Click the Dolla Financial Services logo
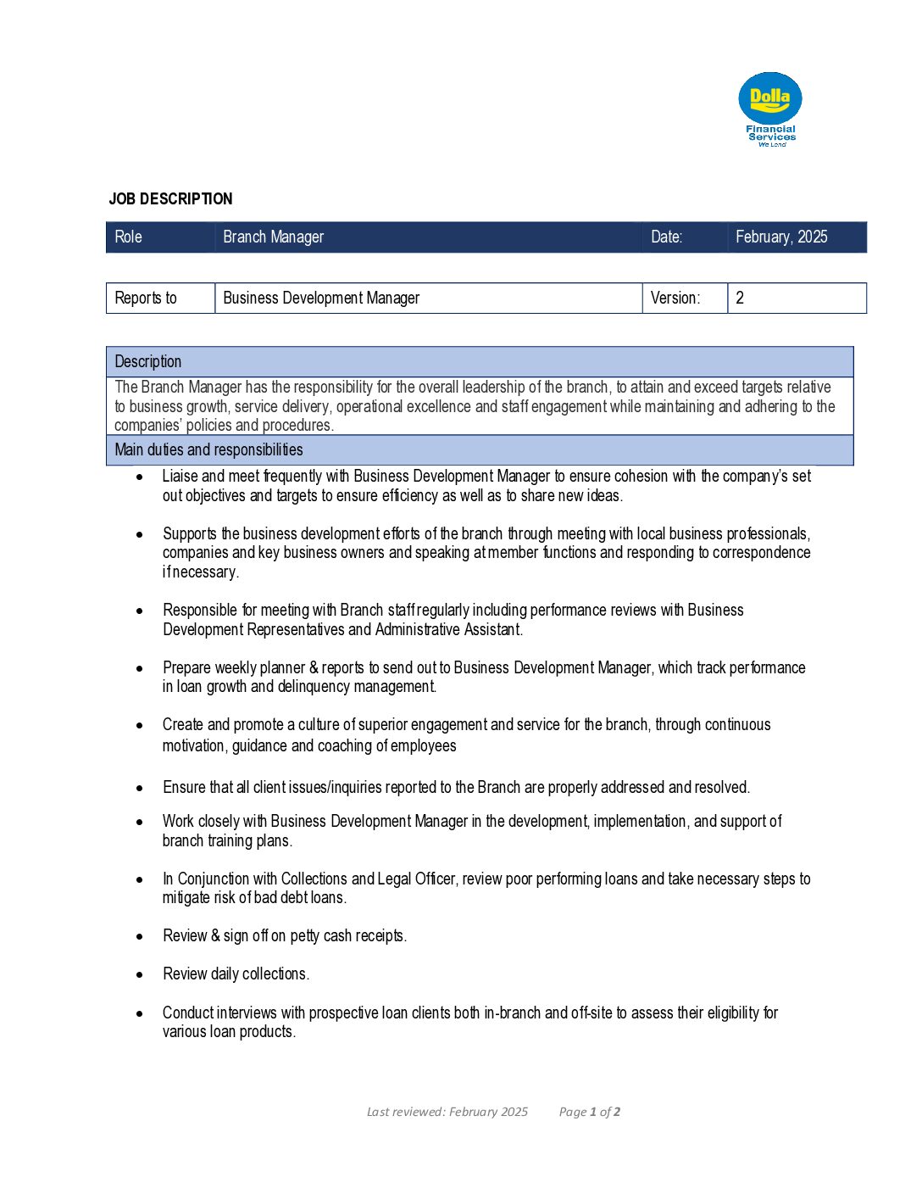pos(770,109)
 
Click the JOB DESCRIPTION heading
pos(170,199)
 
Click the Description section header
pos(148,362)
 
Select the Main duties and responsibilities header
pos(208,450)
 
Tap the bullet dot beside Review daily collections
pos(140,975)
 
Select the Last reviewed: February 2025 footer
pos(447,1112)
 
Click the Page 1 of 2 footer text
pos(590,1112)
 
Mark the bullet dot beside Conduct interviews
pos(140,1013)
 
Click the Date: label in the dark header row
pos(666,237)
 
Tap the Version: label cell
pos(675,298)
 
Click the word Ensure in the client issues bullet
pos(184,788)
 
